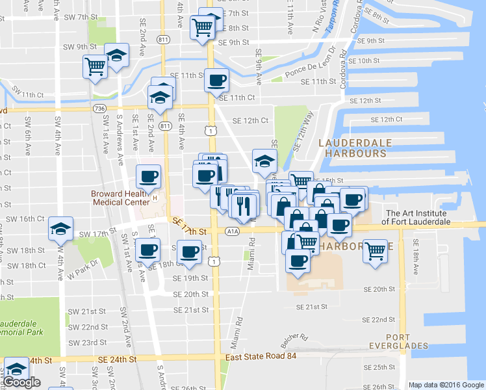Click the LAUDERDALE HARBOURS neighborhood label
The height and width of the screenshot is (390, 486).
tap(352, 148)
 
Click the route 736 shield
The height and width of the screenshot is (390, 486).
tap(99, 108)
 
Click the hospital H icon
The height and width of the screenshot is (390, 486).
tap(155, 198)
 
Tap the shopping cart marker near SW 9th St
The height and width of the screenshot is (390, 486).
tap(95, 66)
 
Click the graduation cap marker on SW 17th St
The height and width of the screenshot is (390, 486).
tap(60, 228)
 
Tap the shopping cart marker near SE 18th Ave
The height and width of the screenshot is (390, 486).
tap(376, 250)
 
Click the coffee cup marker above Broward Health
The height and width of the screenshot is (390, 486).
tap(147, 176)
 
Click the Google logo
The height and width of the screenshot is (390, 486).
tap(21, 382)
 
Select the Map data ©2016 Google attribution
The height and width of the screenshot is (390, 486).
tap(446, 385)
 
